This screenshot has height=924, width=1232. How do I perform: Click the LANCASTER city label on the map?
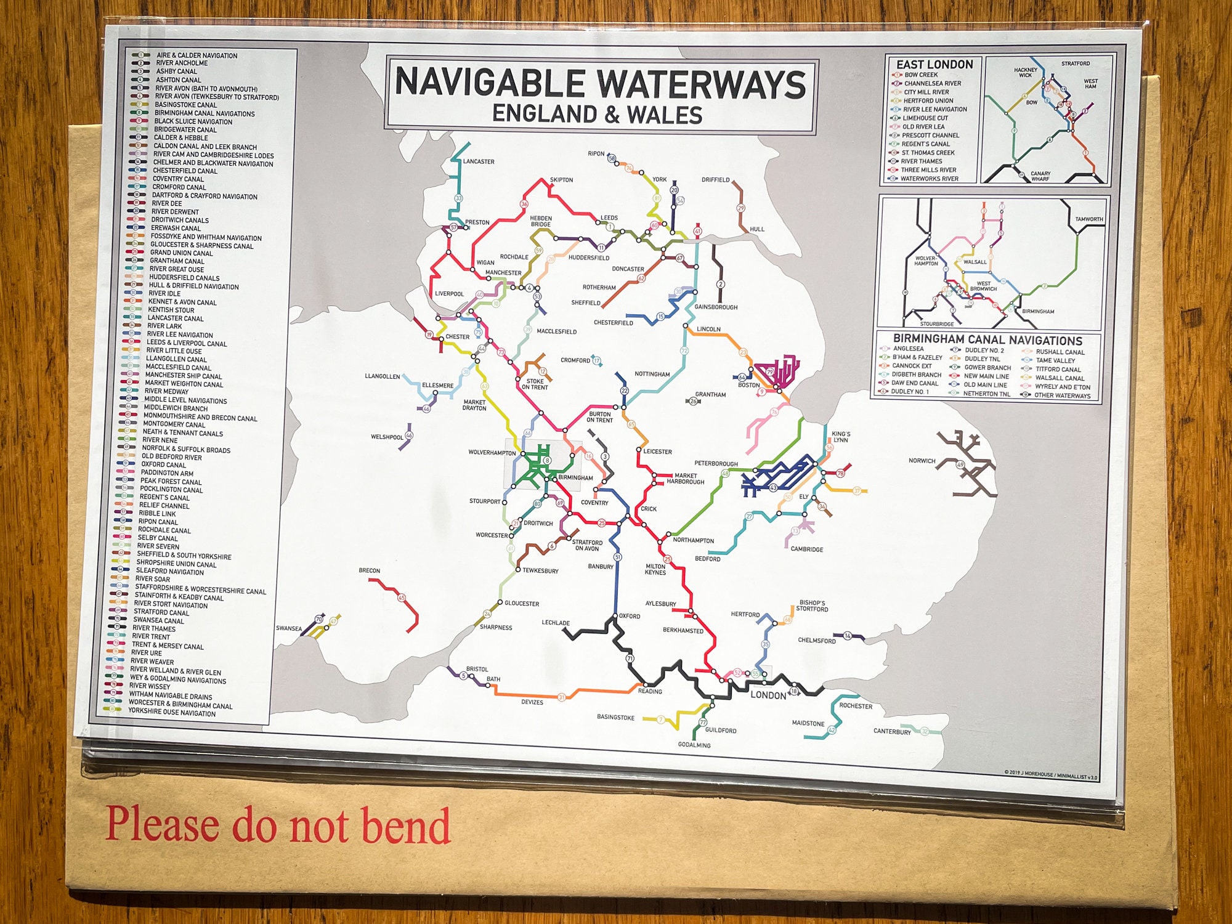(x=479, y=162)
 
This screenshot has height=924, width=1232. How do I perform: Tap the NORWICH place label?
(x=922, y=461)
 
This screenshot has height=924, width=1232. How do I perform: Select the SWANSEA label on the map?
(x=289, y=629)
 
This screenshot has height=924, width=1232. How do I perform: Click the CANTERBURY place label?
(x=891, y=732)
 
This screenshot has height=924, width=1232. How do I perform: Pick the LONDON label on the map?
(x=768, y=695)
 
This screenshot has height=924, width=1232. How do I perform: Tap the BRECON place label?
(x=370, y=571)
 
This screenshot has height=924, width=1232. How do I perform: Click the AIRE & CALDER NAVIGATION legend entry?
(x=197, y=55)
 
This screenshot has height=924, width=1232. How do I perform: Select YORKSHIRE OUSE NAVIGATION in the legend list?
(x=172, y=713)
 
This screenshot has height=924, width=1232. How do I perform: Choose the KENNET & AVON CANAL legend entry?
(x=182, y=302)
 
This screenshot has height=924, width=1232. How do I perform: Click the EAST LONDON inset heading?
(x=934, y=65)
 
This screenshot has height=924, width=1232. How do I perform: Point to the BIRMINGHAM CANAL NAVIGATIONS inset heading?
(x=987, y=340)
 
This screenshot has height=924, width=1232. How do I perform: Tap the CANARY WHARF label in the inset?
(x=1040, y=176)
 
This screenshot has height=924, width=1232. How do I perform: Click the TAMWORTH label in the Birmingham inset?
(x=1089, y=219)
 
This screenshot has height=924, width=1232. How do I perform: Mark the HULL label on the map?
(x=757, y=229)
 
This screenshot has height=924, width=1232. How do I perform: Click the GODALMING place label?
(x=694, y=745)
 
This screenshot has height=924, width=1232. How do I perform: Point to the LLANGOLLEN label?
(x=382, y=376)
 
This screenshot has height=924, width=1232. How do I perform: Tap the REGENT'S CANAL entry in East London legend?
(x=926, y=144)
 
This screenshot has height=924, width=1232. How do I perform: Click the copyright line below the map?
(x=1050, y=775)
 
